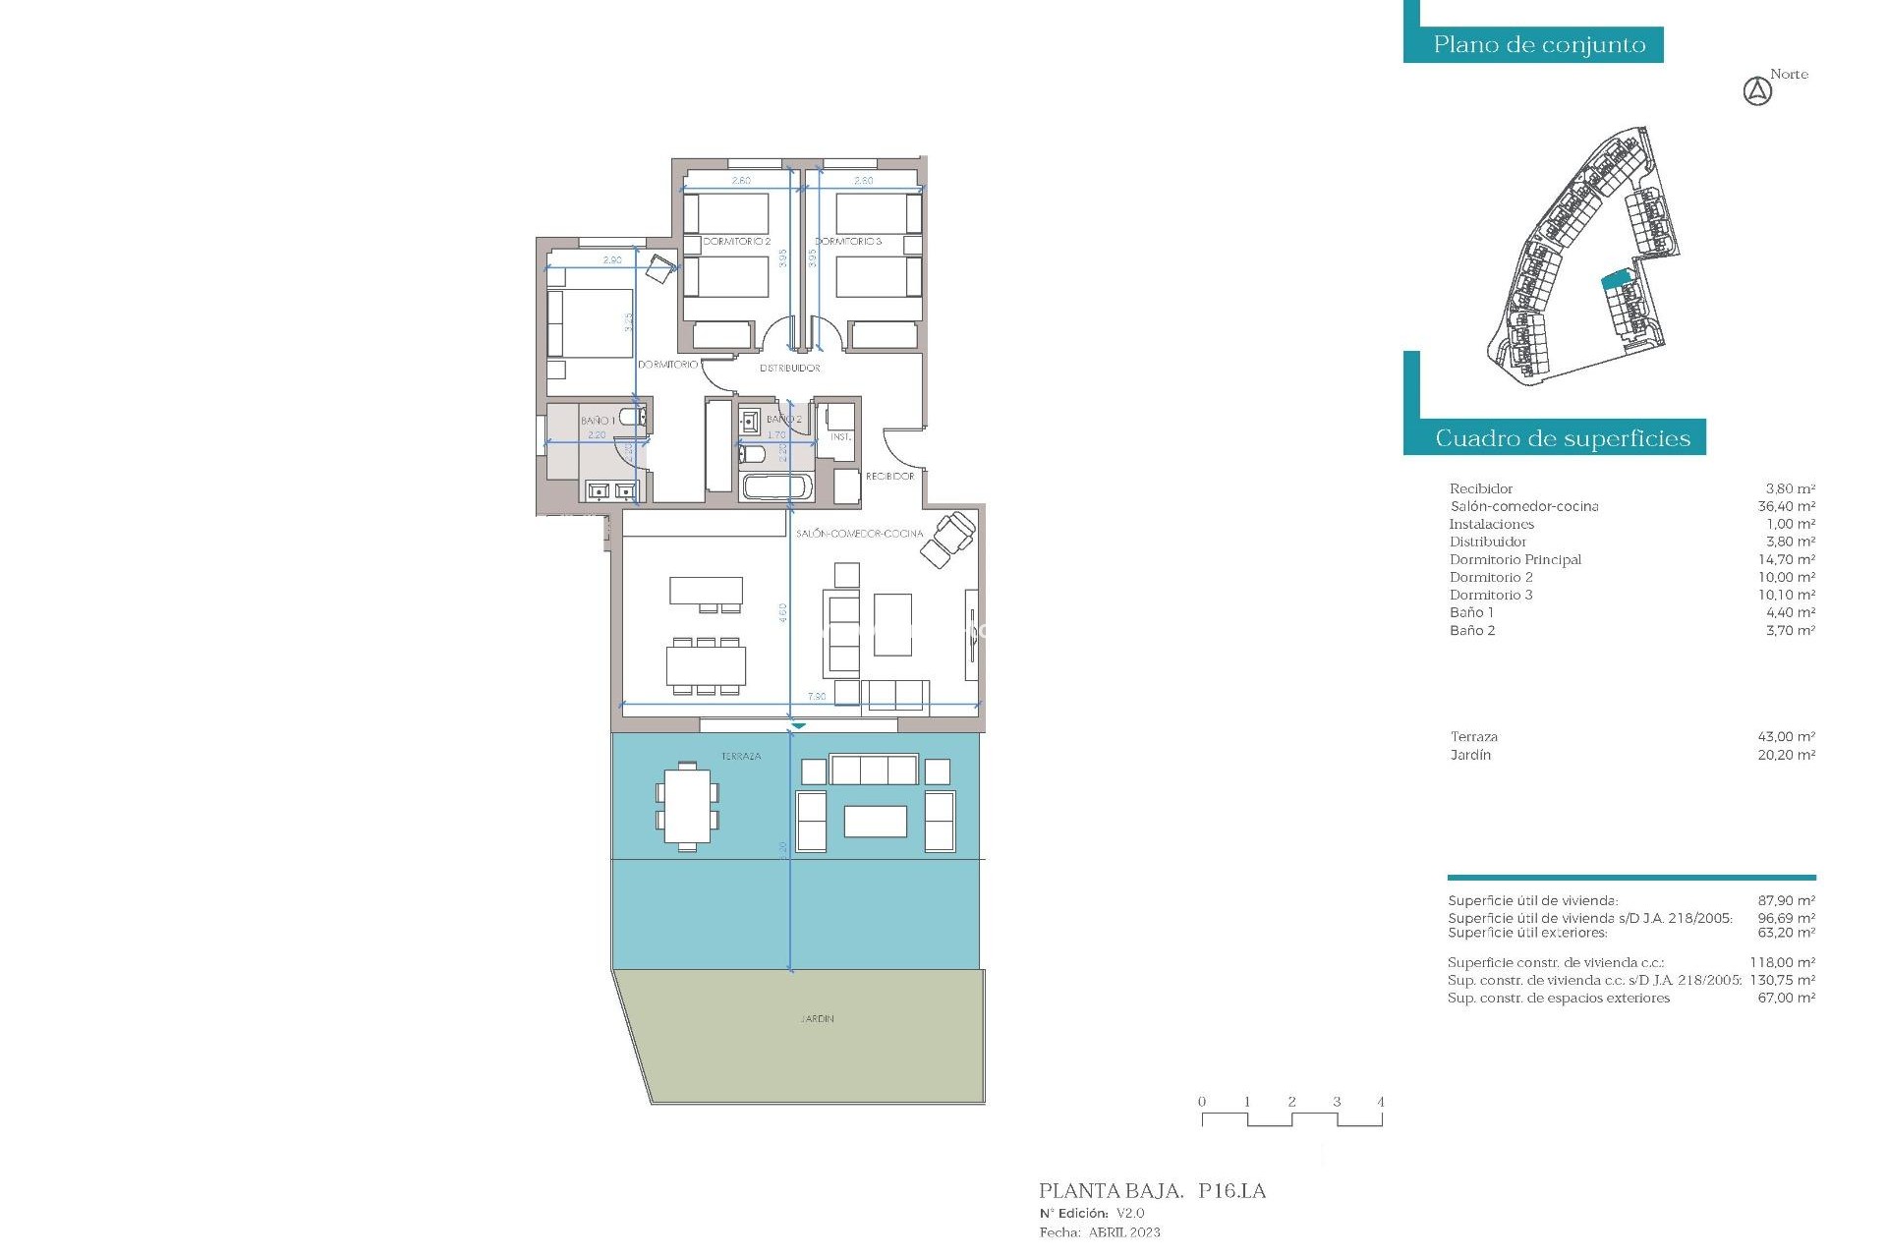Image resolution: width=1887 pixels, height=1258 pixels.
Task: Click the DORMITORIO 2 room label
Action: pyautogui.click(x=736, y=241)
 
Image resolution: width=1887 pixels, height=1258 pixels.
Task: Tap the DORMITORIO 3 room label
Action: pyautogui.click(x=848, y=241)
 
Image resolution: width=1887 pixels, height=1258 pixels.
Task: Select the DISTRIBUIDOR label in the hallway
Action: pyautogui.click(x=789, y=368)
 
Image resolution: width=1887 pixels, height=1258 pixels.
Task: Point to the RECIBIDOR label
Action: pyautogui.click(x=889, y=476)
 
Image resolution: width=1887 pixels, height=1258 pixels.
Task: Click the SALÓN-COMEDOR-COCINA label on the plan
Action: pyautogui.click(x=859, y=534)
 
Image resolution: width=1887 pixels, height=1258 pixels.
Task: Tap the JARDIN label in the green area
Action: pyautogui.click(x=817, y=1019)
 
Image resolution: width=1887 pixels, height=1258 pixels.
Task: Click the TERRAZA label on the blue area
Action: pyautogui.click(x=741, y=757)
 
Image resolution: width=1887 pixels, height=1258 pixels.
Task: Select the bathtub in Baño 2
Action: pyautogui.click(x=776, y=486)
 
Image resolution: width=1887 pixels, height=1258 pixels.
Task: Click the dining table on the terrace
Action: pyautogui.click(x=687, y=806)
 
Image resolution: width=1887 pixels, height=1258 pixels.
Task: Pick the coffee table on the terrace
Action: pyautogui.click(x=875, y=822)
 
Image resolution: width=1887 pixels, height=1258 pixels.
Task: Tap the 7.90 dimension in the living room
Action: pyautogui.click(x=817, y=697)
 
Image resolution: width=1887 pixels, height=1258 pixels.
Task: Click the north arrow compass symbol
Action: pyautogui.click(x=1757, y=92)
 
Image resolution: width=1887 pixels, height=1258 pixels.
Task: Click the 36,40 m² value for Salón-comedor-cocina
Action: pyautogui.click(x=1786, y=507)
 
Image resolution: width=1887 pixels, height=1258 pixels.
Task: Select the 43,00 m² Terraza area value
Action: pyautogui.click(x=1786, y=737)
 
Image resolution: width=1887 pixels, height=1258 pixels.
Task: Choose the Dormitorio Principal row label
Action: pyautogui.click(x=1515, y=560)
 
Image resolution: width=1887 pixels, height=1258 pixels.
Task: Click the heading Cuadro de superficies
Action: pyautogui.click(x=1563, y=438)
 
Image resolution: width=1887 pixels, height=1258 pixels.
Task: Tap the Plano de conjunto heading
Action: pyautogui.click(x=1539, y=45)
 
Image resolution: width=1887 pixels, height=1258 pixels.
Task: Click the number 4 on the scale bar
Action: pyautogui.click(x=1380, y=1102)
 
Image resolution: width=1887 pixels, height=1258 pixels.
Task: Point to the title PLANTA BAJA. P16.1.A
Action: pyautogui.click(x=1152, y=1191)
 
